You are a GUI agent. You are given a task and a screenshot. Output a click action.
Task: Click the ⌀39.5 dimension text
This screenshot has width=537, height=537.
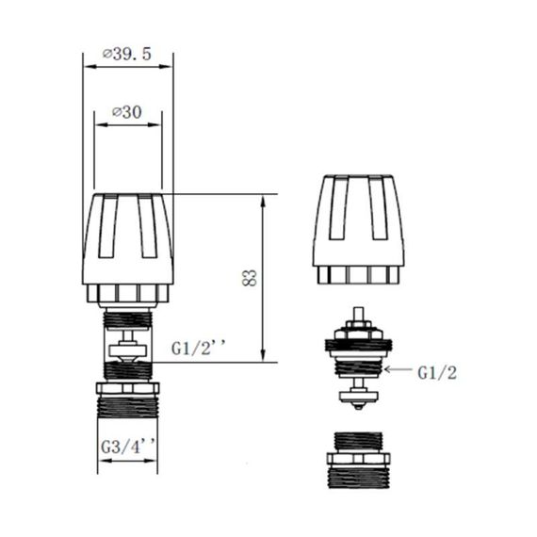130,56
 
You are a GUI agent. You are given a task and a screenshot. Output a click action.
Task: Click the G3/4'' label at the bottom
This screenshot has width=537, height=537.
127,447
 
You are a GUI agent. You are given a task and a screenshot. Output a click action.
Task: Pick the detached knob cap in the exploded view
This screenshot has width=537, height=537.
358,221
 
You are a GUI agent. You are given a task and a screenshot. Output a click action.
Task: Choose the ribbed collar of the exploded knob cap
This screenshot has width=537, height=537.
358,274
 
